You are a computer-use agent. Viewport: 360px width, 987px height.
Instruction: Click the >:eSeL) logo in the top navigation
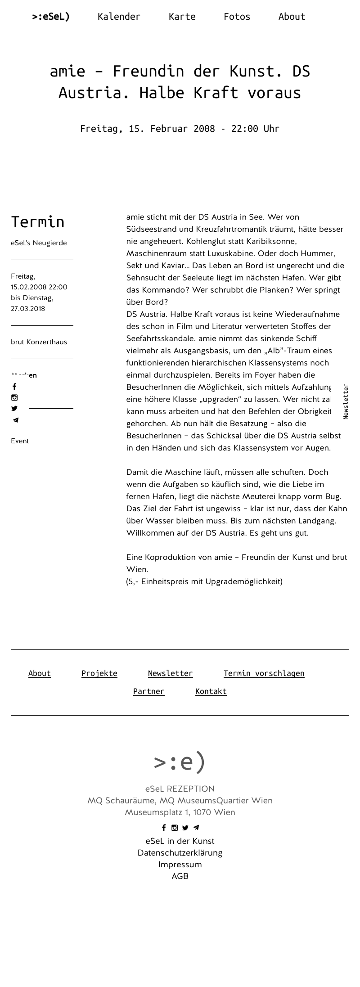(51, 17)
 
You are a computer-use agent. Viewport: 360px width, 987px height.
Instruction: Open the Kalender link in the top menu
(119, 17)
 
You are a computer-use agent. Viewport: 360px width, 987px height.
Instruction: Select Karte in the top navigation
(182, 17)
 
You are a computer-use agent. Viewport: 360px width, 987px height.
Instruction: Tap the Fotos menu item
(237, 17)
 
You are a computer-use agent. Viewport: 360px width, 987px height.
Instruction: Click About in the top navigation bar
(292, 17)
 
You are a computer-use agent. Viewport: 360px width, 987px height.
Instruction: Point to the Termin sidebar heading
(38, 222)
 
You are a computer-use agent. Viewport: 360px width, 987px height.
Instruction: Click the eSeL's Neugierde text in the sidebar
(39, 243)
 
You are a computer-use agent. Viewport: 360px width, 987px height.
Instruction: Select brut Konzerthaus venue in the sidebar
(39, 342)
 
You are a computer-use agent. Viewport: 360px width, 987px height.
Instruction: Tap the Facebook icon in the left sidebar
(14, 387)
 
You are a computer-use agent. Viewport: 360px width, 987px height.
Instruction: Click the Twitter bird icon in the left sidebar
(14, 409)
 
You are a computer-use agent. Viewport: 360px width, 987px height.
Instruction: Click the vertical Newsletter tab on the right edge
(346, 401)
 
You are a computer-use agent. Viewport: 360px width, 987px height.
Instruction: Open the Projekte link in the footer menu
(99, 673)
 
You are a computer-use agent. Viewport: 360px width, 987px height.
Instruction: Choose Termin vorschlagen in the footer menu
(264, 673)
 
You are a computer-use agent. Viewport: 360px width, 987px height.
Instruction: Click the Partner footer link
(148, 691)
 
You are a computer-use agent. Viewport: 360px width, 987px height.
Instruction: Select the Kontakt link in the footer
(211, 691)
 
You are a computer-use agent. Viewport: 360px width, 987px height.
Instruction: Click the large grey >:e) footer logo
(180, 762)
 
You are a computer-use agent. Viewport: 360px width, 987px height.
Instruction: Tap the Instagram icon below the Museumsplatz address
(175, 828)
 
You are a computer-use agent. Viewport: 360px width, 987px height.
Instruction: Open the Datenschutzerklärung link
(180, 853)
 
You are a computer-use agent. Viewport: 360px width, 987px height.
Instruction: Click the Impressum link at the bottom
(180, 865)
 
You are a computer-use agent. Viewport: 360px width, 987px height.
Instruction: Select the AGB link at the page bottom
(180, 876)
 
